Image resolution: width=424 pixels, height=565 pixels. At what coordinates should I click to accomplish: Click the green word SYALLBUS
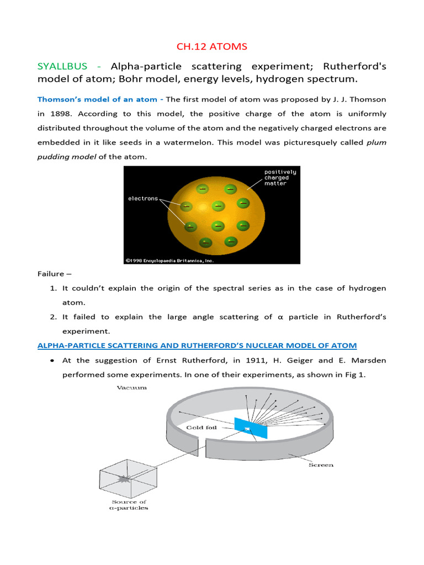(62, 66)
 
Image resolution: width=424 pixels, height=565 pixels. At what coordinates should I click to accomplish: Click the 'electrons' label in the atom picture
(143, 198)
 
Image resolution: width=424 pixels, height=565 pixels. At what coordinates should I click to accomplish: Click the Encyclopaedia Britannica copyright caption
(169, 260)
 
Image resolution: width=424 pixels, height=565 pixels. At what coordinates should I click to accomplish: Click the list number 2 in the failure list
(53, 317)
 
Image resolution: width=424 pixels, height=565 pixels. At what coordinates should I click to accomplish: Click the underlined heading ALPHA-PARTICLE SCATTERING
(197, 345)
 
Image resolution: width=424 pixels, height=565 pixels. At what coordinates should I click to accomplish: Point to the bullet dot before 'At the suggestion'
(51, 360)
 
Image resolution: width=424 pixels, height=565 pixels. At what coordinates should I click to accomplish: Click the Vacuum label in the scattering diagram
(131, 388)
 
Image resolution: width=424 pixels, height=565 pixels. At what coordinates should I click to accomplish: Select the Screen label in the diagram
(321, 465)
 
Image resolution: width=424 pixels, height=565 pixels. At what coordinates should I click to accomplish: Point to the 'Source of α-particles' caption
(128, 504)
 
